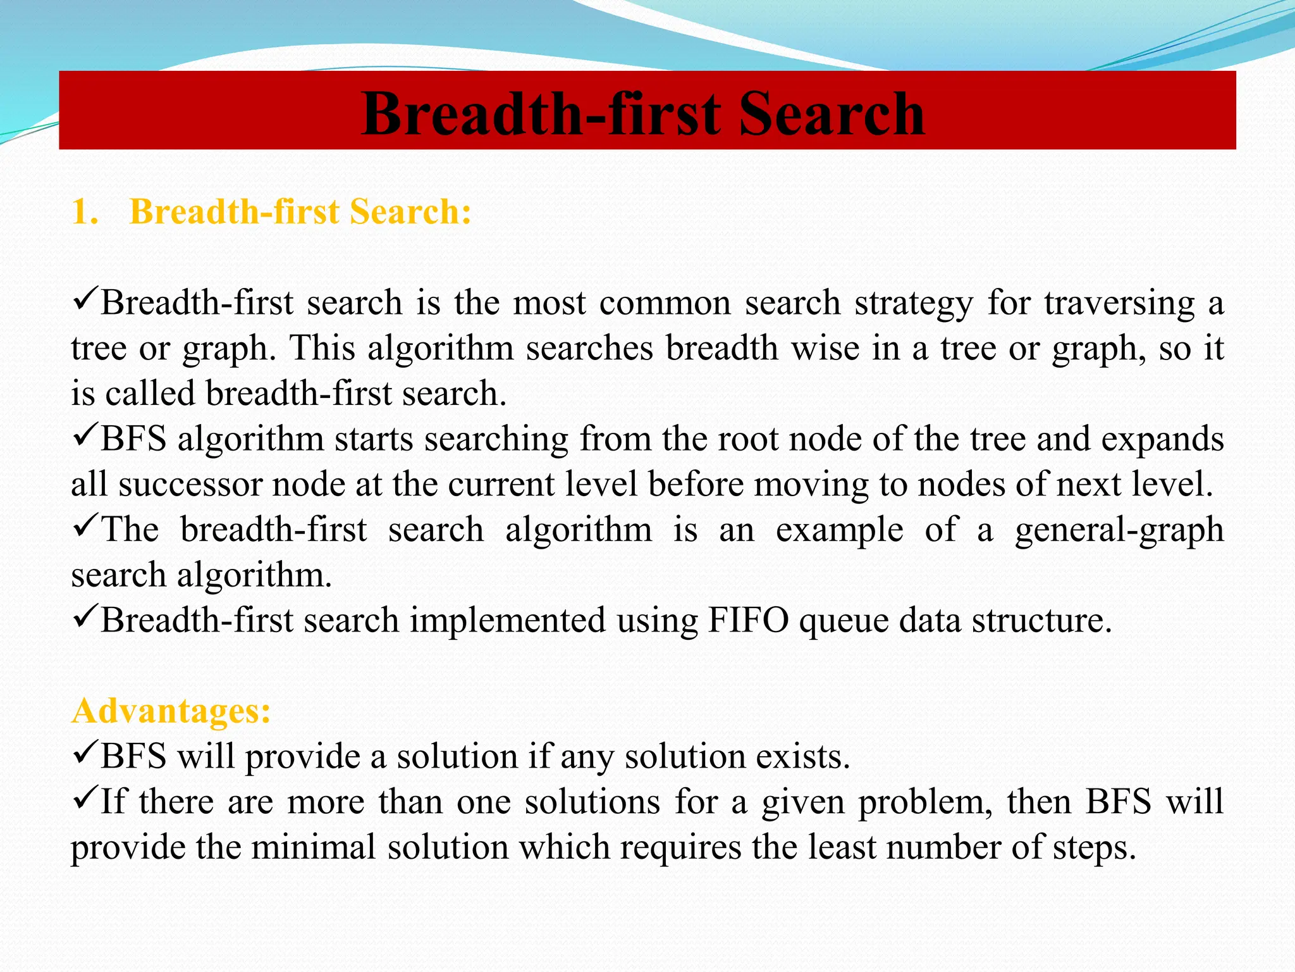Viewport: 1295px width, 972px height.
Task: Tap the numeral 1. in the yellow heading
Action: [85, 211]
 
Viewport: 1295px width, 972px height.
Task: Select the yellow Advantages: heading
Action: [171, 711]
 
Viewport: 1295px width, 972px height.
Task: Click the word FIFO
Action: [747, 620]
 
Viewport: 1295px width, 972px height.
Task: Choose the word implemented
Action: [508, 621]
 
